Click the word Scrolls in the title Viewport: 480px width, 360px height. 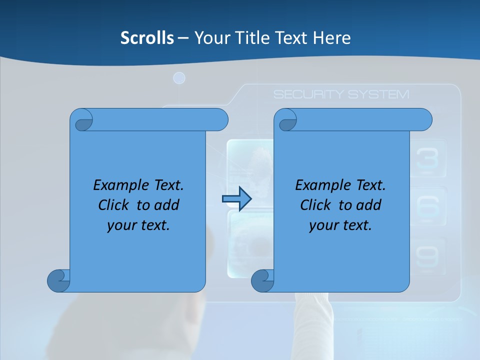147,37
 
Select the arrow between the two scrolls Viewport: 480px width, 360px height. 236,199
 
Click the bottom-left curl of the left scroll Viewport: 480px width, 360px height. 59,280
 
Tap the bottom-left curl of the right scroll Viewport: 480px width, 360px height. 262,280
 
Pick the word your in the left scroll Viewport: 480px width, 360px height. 118,225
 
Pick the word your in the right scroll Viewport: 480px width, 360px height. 320,225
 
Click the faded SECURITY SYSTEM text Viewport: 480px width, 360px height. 341,94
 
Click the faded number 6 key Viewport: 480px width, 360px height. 427,206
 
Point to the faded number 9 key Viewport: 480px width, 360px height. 427,256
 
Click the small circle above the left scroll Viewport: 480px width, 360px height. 179,78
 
